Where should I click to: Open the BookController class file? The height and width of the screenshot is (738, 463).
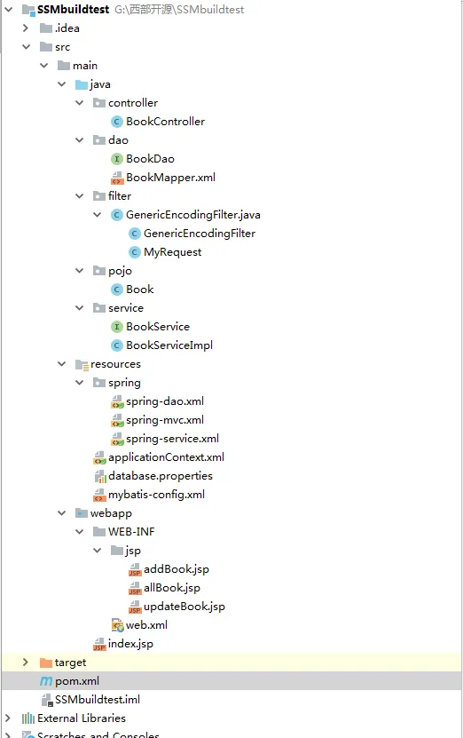pos(165,122)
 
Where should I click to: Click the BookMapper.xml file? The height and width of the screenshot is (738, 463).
pos(170,178)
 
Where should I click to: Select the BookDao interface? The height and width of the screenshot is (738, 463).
pos(150,159)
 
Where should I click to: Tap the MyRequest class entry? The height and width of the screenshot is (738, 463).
pos(172,252)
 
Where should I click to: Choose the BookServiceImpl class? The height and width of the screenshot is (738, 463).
pos(169,345)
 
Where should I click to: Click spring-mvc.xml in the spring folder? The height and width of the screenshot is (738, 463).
pos(164,420)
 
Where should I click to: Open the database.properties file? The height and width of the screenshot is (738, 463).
pos(161,476)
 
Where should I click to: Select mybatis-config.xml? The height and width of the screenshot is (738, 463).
pos(156,495)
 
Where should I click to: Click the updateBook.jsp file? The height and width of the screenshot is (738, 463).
pos(184,607)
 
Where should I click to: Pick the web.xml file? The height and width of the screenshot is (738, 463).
pos(146,625)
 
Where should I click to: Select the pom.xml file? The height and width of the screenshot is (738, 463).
pos(76,681)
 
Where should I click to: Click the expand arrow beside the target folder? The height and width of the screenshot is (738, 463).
pos(26,663)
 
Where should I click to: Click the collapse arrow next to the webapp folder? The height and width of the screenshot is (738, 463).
pos(61,513)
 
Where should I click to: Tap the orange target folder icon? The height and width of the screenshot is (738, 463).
pos(46,663)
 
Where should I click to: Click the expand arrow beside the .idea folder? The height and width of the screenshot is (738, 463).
pos(26,28)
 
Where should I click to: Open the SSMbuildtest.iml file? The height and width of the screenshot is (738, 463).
pos(98,700)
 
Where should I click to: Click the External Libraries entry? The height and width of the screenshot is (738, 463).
pos(82,718)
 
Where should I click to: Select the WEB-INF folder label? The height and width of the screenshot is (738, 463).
pos(131,532)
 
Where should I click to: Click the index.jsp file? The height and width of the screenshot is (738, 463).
pos(130,644)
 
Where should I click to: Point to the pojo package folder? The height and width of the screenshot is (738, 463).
pos(120,271)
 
